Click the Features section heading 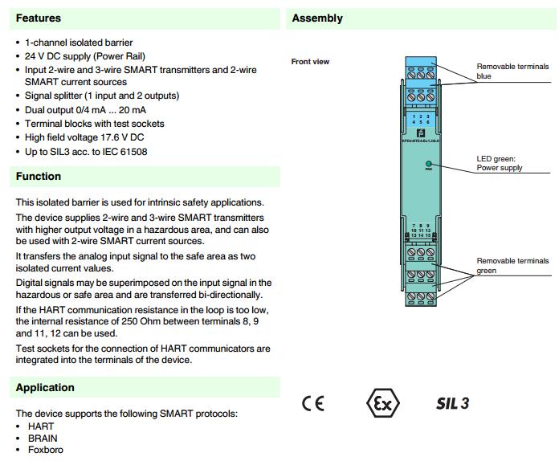click(38, 18)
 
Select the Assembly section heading click(317, 18)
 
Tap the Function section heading click(39, 176)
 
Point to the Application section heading click(45, 387)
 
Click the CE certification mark click(313, 403)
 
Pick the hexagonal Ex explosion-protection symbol click(382, 403)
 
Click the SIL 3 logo click(452, 403)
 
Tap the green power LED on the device click(429, 164)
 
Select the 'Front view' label click(310, 62)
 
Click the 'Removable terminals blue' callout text click(512, 71)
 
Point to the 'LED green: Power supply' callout click(500, 163)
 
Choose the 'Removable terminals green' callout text click(512, 266)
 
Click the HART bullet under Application click(41, 426)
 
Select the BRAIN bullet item click(43, 439)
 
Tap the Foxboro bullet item click(44, 450)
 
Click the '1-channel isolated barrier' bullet click(79, 43)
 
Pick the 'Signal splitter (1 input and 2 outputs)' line click(102, 96)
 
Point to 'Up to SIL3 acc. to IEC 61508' click(86, 152)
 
